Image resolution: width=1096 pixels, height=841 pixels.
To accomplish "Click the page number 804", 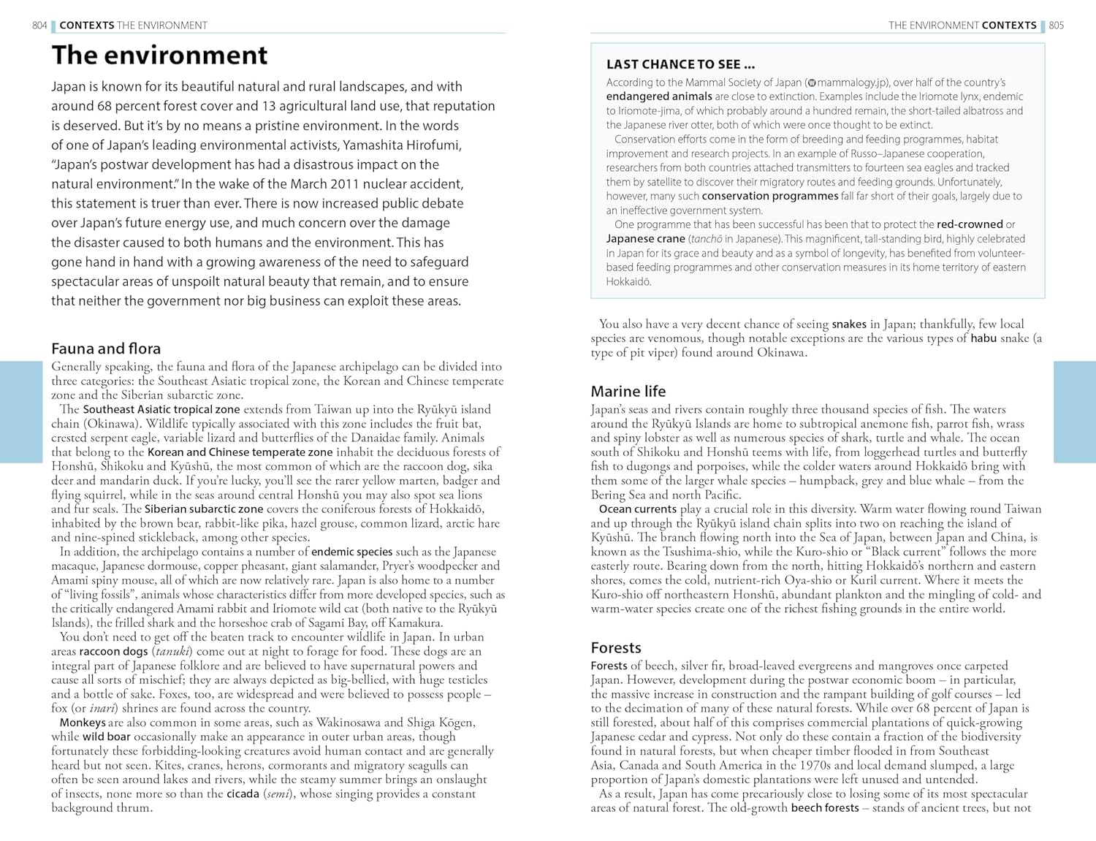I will [x=39, y=26].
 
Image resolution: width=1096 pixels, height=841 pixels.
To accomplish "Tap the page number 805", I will [x=1057, y=26].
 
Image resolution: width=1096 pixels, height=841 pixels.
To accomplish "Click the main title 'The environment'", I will [x=159, y=56].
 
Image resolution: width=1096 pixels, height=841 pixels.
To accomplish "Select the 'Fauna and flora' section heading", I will [x=106, y=349].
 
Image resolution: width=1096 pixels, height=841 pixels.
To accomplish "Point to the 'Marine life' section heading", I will [x=628, y=391].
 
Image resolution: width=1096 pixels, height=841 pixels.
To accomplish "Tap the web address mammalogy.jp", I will [x=848, y=83].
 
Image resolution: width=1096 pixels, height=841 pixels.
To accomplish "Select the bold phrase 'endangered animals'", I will [x=659, y=96].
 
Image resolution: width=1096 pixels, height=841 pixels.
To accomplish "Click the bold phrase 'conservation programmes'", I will [x=770, y=196].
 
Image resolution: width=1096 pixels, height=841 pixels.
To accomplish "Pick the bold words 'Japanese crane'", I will [x=645, y=239].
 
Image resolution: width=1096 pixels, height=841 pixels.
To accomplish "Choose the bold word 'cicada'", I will [x=243, y=794].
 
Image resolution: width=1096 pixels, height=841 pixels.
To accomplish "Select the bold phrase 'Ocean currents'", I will [x=638, y=509].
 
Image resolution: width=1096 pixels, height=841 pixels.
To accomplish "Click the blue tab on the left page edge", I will [x=21, y=411].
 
